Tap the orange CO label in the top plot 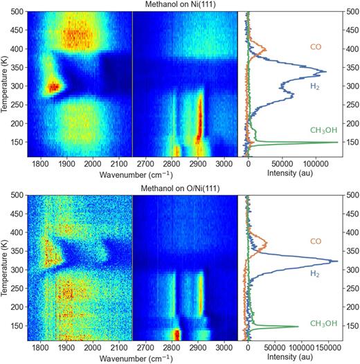(x=314, y=48)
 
